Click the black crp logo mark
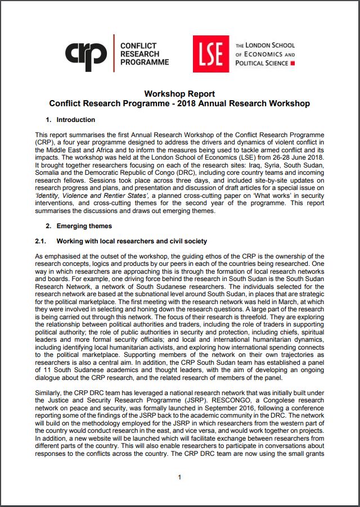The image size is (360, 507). point(85,53)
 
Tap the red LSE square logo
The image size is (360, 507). point(211,53)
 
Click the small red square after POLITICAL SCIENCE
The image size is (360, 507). point(292,64)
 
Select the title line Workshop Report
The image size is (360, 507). point(179,94)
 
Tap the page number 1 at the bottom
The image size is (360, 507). point(179,477)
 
